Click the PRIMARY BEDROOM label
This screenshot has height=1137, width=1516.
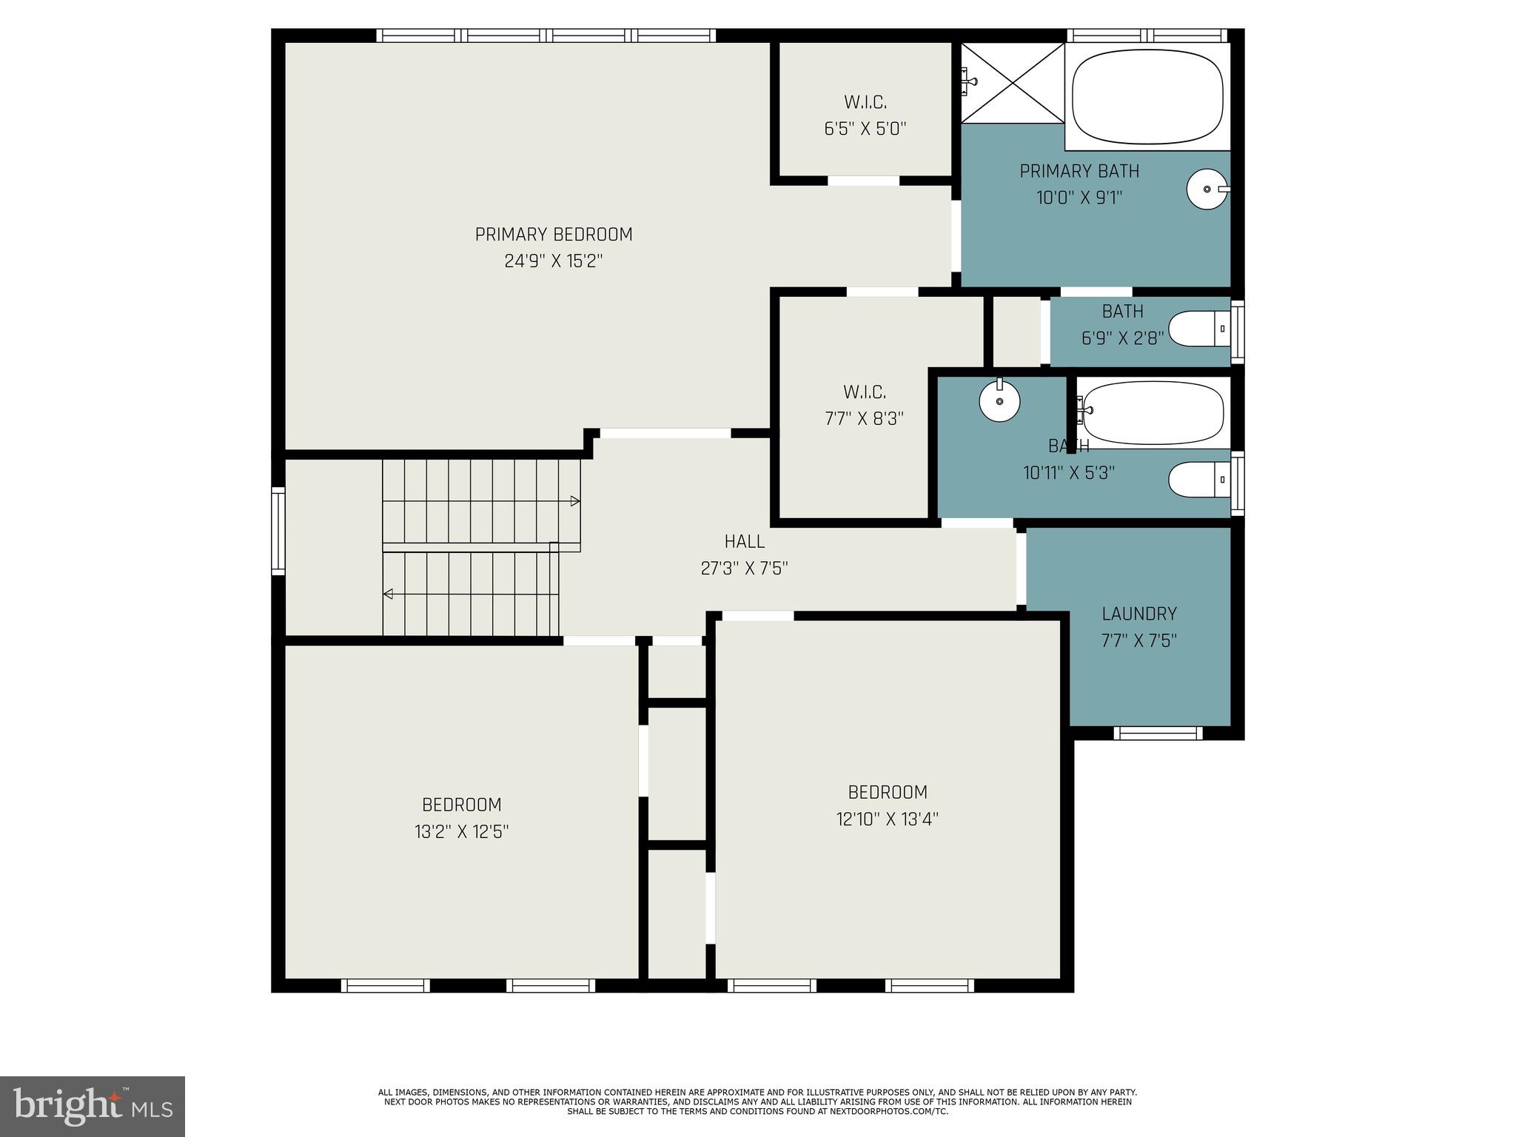click(553, 235)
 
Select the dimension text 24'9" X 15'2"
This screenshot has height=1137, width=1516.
click(553, 261)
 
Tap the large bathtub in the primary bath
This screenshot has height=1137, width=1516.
click(1147, 96)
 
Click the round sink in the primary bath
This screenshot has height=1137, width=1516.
click(1207, 189)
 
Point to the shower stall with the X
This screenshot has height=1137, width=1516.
click(1012, 83)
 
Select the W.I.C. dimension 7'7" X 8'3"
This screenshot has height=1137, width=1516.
click(864, 419)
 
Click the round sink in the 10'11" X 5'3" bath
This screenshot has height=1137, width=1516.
click(999, 401)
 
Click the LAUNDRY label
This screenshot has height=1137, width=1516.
click(1138, 614)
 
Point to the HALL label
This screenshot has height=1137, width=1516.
click(744, 541)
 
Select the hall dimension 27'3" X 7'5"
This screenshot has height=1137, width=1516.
click(744, 568)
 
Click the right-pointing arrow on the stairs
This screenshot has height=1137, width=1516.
click(574, 501)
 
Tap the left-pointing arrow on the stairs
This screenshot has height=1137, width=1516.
click(389, 594)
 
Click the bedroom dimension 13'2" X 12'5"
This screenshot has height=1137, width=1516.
click(461, 832)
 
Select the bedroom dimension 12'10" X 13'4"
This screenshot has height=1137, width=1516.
click(888, 819)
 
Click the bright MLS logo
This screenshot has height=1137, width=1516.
click(93, 1106)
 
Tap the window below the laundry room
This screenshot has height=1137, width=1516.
click(1158, 733)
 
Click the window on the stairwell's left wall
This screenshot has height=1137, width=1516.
click(278, 531)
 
